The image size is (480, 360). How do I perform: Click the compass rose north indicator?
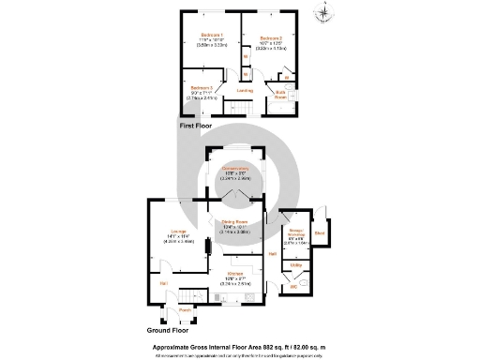click(x=324, y=13)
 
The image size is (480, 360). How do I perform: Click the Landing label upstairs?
click(x=245, y=91)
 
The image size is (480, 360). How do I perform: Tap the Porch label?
click(x=185, y=309)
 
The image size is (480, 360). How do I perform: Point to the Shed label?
click(x=320, y=233)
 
